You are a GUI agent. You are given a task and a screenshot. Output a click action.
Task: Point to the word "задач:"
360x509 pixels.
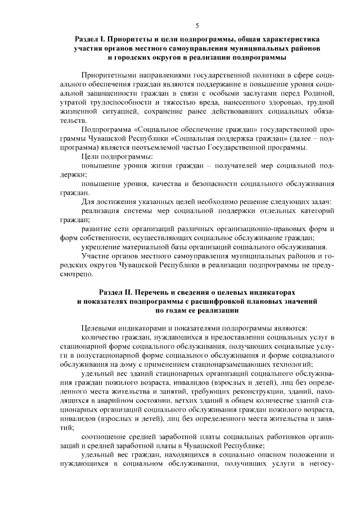click(x=318, y=201)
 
